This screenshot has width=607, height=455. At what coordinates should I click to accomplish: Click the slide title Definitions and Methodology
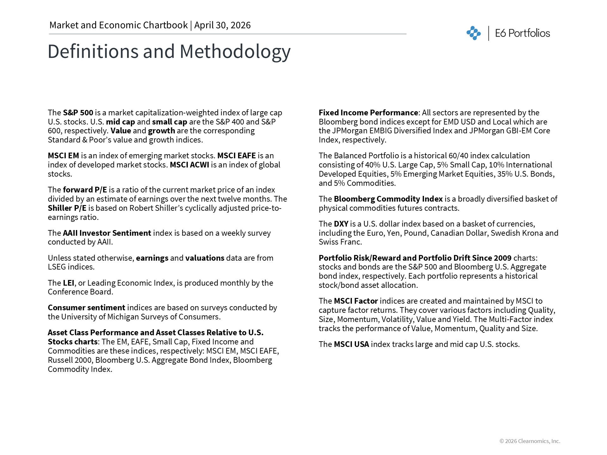[169, 52]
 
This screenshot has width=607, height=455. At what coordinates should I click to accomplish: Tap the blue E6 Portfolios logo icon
[473, 33]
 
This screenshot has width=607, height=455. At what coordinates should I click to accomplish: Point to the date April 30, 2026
[222, 25]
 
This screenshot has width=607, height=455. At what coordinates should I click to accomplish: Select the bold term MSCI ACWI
[189, 165]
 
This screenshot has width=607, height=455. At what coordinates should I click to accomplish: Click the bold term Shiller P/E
[67, 208]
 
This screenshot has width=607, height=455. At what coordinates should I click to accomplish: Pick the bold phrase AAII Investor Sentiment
[107, 233]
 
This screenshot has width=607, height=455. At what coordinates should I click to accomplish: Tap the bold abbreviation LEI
[68, 283]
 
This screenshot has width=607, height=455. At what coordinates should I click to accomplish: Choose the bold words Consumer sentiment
[86, 308]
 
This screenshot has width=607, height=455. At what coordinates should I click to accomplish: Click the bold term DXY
[341, 224]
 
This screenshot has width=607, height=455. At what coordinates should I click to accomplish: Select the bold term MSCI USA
[351, 344]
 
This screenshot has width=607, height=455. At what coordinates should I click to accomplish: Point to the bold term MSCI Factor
[356, 301]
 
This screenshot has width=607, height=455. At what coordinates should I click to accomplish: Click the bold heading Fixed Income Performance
[368, 113]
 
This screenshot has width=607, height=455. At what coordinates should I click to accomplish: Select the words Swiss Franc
[340, 242]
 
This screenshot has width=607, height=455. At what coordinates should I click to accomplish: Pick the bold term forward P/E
[85, 190]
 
